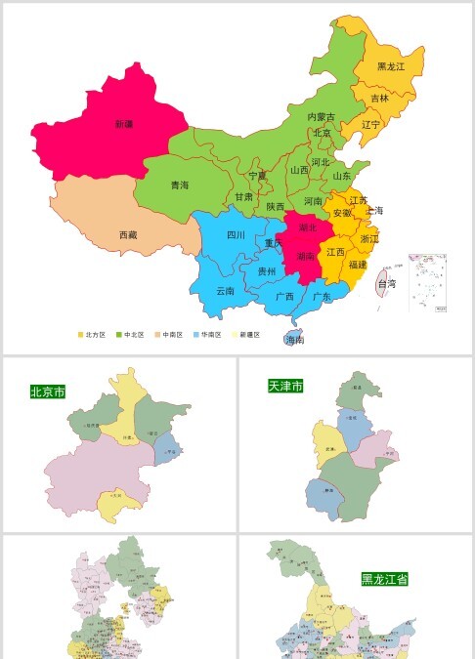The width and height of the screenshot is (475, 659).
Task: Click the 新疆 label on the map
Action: [x=123, y=124]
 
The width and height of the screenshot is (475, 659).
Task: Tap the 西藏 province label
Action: [x=128, y=235]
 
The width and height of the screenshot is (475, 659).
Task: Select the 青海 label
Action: [x=180, y=185]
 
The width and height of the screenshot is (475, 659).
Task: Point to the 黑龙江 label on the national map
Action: [x=391, y=66]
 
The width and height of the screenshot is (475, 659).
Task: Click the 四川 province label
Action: [x=236, y=235]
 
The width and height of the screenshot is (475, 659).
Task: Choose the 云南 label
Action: [x=225, y=290]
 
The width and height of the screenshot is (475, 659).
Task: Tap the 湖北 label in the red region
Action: [x=308, y=227]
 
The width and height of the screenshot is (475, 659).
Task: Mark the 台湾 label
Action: [x=387, y=284]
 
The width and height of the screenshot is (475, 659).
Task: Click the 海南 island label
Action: [x=294, y=341]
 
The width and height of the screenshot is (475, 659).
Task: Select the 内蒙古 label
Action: [x=322, y=116]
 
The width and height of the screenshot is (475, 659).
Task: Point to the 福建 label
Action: [x=358, y=264]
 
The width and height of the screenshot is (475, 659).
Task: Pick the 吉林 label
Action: [x=379, y=98]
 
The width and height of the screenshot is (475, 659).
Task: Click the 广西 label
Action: [x=284, y=296]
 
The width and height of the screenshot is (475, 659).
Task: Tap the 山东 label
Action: [x=342, y=177]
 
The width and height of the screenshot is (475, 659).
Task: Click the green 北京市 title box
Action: [x=48, y=391]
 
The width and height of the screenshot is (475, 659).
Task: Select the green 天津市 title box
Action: [x=285, y=387]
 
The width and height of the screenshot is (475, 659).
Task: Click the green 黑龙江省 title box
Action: [x=384, y=579]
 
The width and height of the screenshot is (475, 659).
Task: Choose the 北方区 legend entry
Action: [x=91, y=335]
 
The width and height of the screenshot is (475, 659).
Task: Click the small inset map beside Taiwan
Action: [x=427, y=283]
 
